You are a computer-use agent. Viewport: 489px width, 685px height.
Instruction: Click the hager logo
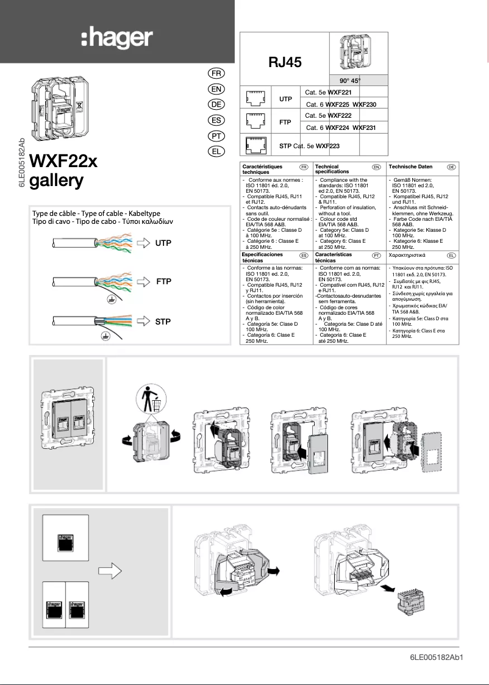[x=116, y=39]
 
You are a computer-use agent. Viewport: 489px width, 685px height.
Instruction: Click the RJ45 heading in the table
[x=285, y=62]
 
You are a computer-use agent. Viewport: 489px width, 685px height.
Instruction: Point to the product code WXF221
[x=340, y=92]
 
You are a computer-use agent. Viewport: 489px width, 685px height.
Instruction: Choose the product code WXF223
[x=327, y=146]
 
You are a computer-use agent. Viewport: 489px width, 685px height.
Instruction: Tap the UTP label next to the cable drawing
[x=163, y=243]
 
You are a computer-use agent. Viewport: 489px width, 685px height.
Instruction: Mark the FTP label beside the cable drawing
[x=164, y=282]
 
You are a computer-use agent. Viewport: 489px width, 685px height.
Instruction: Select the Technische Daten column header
[x=410, y=167]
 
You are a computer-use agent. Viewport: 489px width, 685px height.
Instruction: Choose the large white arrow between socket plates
[x=110, y=572]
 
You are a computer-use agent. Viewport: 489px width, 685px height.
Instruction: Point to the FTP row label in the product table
[x=285, y=122]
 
